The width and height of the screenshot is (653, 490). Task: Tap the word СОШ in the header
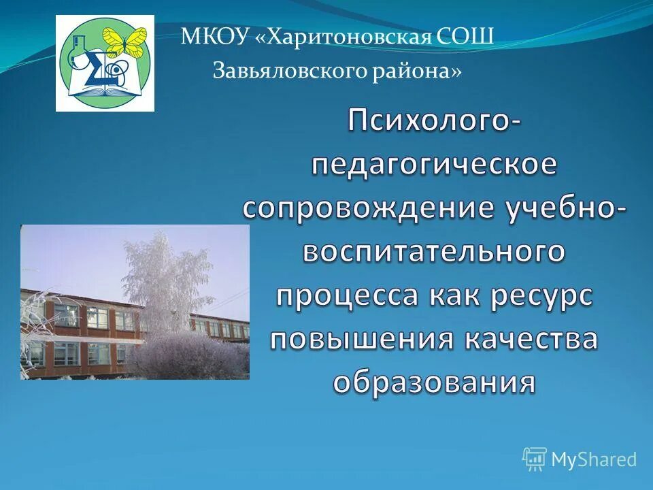[467, 37]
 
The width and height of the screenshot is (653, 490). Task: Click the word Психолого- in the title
[435, 122]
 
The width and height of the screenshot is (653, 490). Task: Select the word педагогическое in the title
[435, 165]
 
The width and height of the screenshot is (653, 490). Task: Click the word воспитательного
[435, 252]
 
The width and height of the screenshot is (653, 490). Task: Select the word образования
[435, 382]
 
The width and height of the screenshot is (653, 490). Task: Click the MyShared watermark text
[593, 459]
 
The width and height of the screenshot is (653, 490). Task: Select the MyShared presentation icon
[535, 459]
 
